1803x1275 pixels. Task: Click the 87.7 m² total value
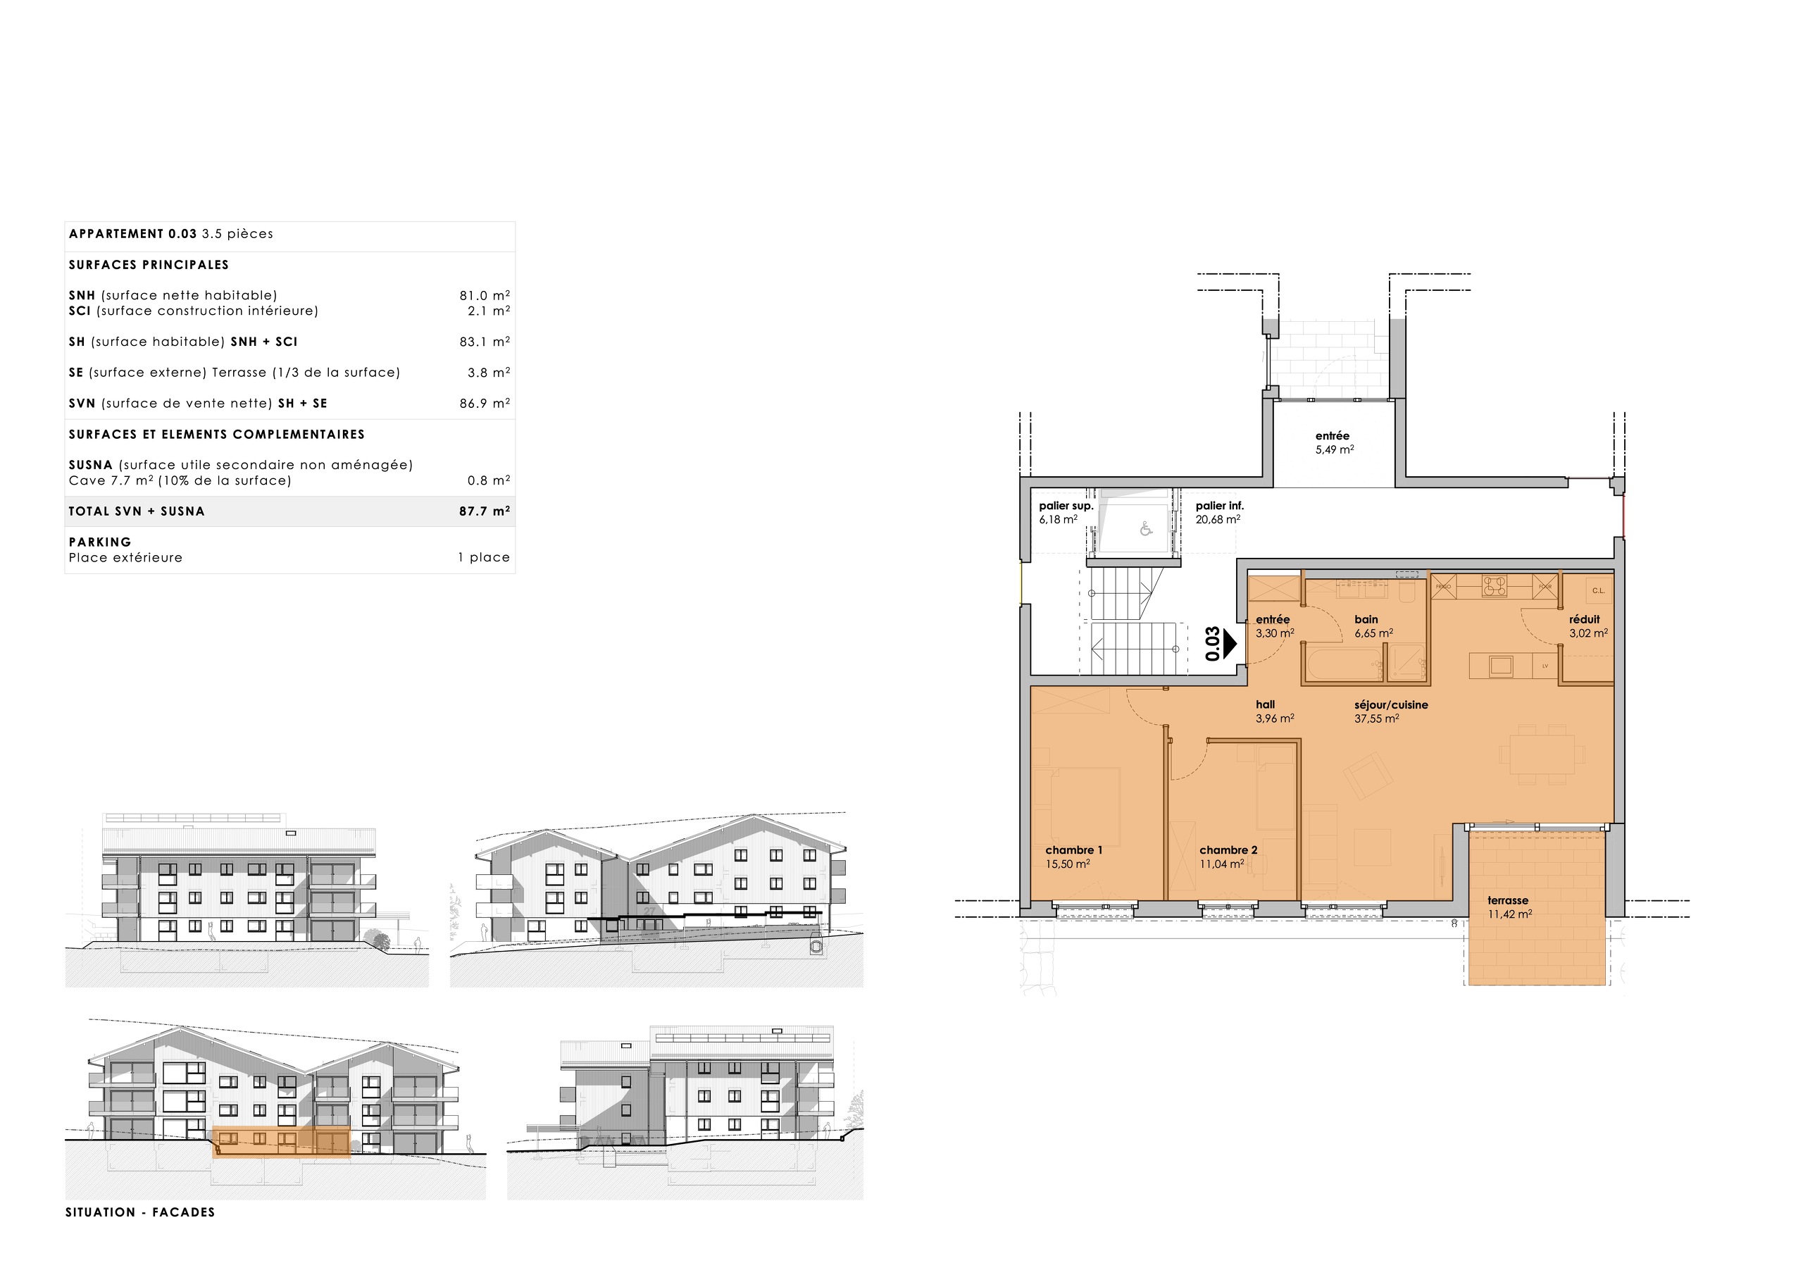pos(484,511)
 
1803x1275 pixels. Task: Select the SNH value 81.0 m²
pos(484,295)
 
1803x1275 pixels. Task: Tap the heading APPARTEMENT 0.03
pos(132,234)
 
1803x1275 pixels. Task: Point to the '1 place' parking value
pos(484,558)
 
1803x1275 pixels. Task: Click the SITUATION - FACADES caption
pos(139,1212)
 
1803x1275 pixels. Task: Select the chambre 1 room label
pos(1073,850)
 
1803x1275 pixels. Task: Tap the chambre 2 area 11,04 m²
pos(1221,864)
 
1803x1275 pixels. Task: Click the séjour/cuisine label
pos(1391,704)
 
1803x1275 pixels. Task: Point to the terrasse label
pos(1508,900)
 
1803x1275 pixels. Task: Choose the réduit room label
pos(1584,619)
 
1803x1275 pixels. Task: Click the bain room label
pos(1366,619)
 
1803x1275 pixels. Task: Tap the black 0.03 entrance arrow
pos(1230,644)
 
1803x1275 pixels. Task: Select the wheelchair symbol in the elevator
pos(1146,530)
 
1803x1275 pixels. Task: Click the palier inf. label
pos(1220,506)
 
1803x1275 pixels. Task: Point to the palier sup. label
pos(1066,506)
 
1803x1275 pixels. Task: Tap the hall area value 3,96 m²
pos(1275,718)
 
